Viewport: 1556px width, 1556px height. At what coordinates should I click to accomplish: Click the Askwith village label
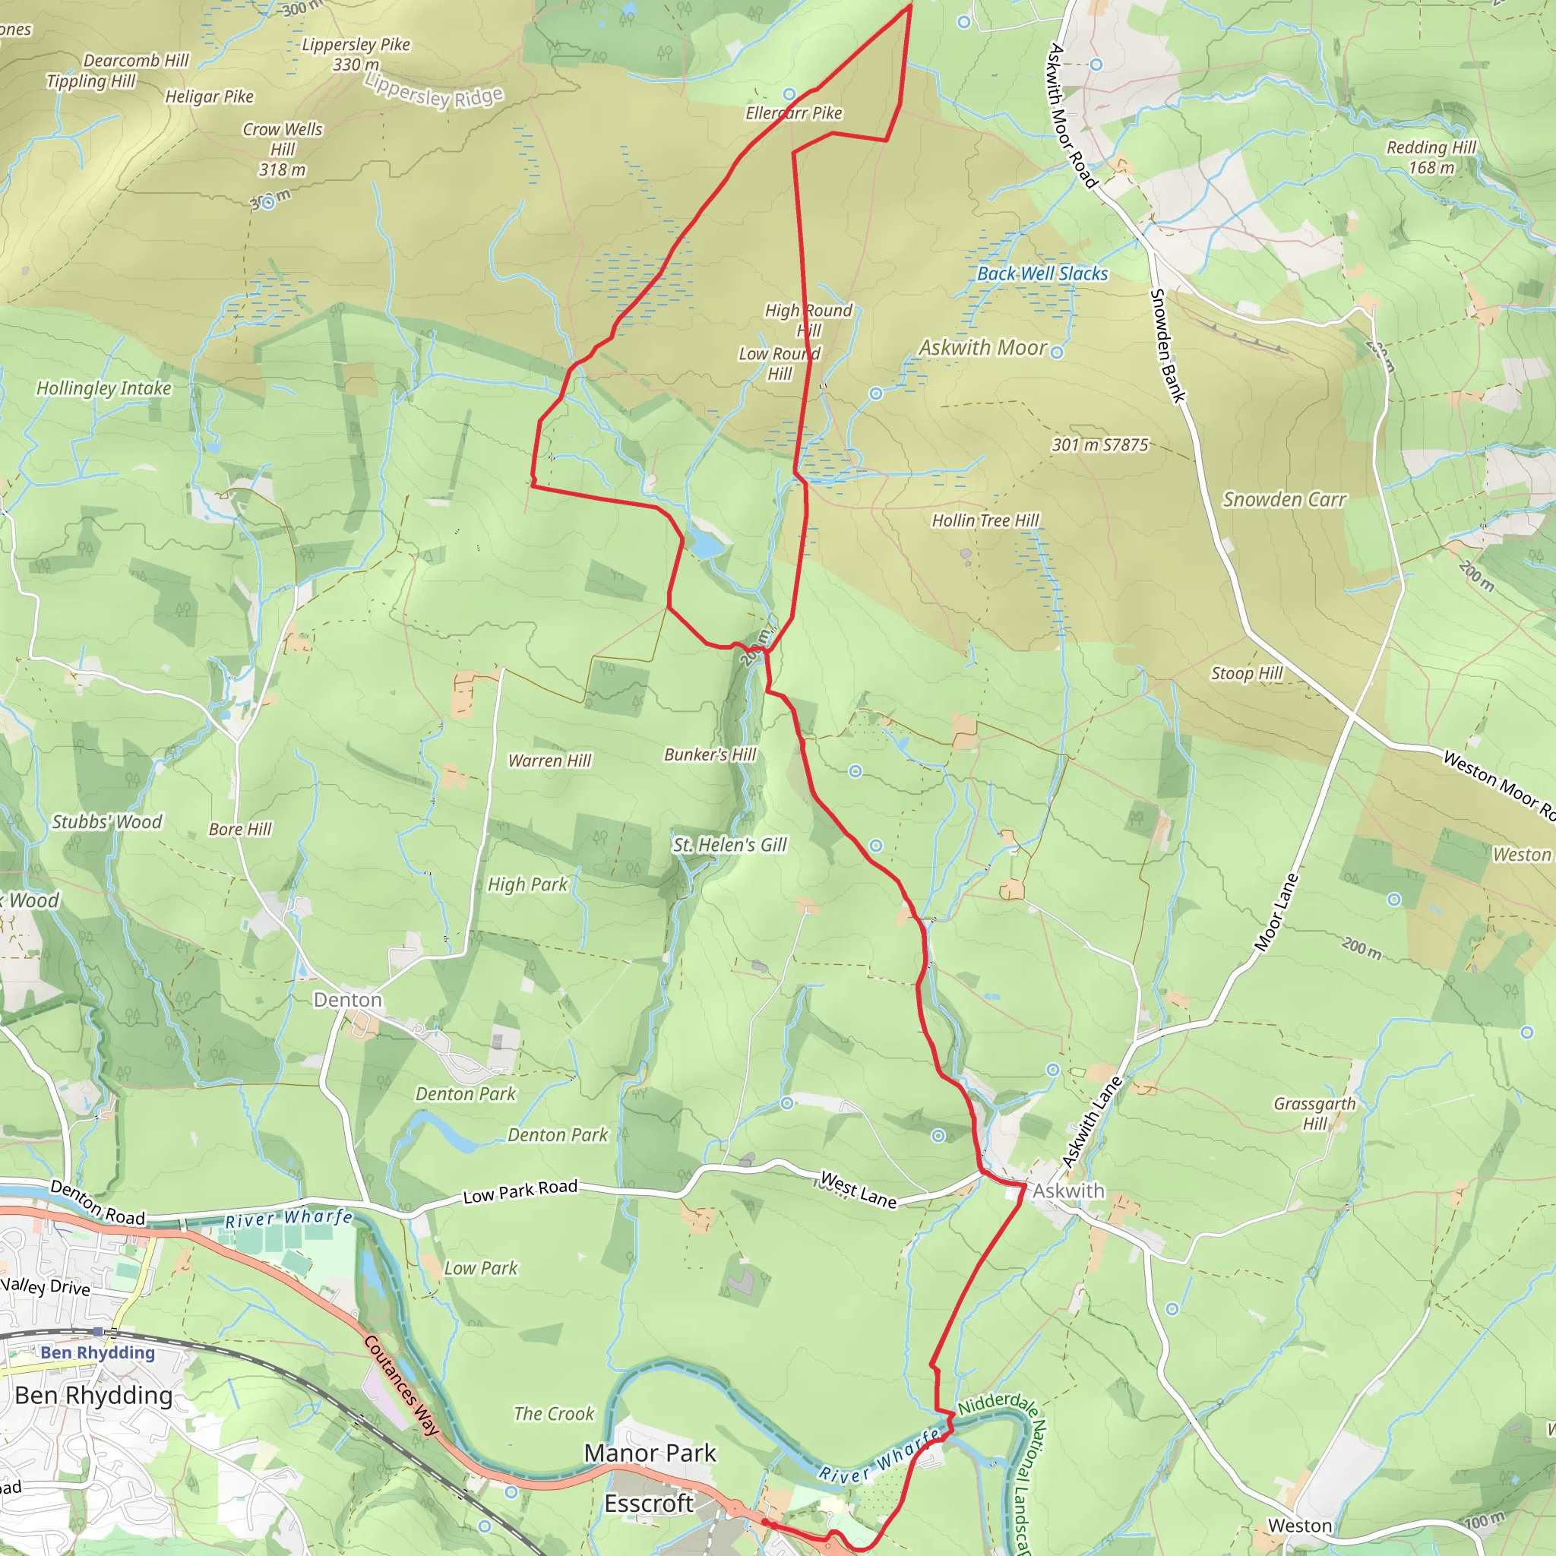(1068, 1191)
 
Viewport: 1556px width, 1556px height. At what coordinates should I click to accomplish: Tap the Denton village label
(347, 1000)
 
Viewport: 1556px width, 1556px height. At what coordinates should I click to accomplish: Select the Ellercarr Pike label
(793, 112)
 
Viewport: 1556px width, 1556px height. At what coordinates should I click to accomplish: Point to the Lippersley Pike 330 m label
(356, 54)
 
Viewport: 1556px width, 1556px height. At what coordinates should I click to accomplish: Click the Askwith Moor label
(982, 347)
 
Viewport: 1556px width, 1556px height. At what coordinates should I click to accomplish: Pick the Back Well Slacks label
(1042, 274)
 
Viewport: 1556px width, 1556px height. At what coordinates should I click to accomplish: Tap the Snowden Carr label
(1284, 499)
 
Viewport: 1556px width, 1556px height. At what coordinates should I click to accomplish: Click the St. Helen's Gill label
(729, 845)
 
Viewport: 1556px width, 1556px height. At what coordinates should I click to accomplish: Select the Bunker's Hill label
(710, 754)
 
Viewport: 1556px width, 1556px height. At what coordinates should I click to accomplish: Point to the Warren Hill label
(549, 761)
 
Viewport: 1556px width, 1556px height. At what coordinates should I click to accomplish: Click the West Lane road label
(858, 1191)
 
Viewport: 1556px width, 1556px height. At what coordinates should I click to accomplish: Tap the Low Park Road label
(520, 1191)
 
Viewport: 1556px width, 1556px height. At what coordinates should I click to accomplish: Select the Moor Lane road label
(1276, 912)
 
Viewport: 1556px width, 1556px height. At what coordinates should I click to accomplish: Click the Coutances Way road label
(401, 1385)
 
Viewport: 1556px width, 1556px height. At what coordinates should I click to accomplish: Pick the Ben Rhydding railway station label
(97, 1352)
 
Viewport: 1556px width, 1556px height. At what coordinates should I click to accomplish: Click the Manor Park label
(649, 1453)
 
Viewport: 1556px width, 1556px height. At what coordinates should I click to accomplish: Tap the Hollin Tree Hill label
(985, 520)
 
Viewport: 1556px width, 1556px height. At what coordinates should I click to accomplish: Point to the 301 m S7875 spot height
(1099, 444)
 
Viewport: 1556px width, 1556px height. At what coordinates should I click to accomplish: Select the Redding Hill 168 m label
(1431, 157)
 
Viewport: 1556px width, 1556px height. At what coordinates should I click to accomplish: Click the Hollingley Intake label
(104, 388)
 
